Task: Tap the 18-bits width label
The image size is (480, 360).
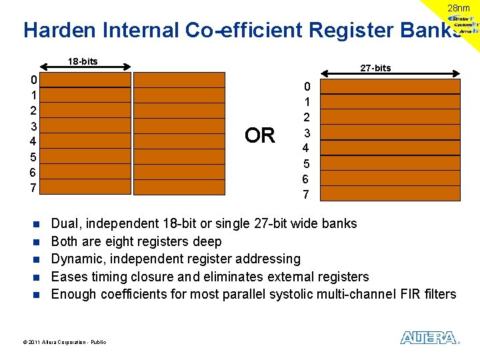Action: tap(83, 61)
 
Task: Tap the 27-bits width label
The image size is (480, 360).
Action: tap(375, 68)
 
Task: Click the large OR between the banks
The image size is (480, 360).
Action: tap(259, 136)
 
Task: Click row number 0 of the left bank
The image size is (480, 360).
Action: tap(34, 80)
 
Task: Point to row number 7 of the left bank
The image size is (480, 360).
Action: tap(34, 188)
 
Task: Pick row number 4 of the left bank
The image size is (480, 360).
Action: tap(34, 141)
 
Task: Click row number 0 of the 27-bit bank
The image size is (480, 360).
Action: tap(307, 87)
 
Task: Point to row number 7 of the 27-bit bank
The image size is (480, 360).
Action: tap(306, 195)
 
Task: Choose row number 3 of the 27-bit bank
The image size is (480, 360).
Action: tap(307, 133)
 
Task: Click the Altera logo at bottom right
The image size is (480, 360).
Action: tap(429, 338)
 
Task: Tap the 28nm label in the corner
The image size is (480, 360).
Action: tap(458, 8)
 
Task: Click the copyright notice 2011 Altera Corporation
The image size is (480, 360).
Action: tap(64, 342)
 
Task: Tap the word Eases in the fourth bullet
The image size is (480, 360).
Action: tap(69, 277)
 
